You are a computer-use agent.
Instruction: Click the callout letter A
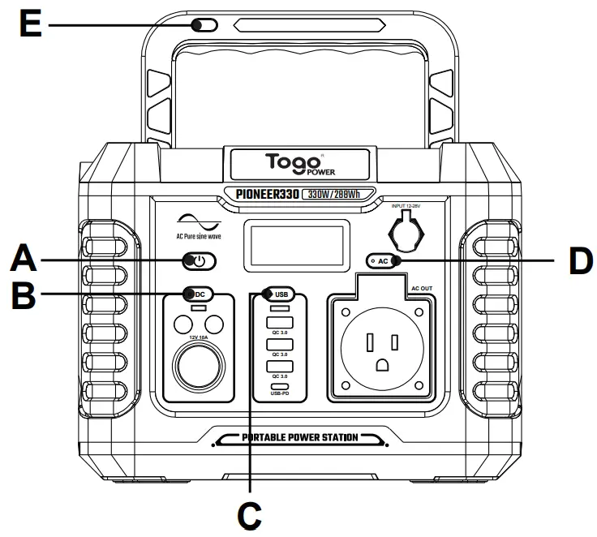(24, 261)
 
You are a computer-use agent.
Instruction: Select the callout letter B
(24, 294)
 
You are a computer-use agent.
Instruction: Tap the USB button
(279, 294)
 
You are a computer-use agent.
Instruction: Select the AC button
(384, 260)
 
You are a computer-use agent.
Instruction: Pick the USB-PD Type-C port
(279, 386)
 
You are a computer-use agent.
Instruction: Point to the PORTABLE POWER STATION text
(299, 439)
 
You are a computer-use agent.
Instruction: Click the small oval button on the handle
(206, 25)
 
